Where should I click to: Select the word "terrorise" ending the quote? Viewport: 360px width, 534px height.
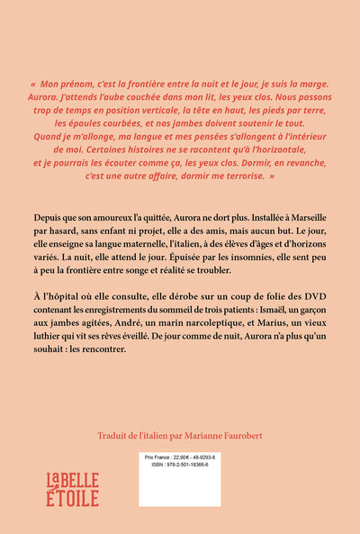point(239,176)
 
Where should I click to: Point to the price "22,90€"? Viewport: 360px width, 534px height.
point(194,459)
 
